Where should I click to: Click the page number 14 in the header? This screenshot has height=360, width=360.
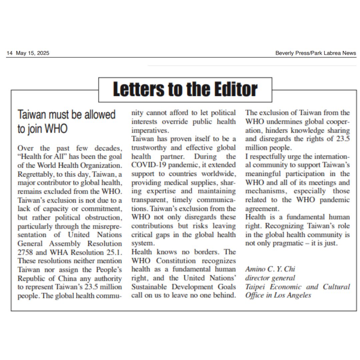coord(9,53)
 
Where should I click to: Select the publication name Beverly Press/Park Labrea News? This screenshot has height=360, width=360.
coord(315,53)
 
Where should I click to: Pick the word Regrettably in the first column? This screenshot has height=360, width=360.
coord(37,174)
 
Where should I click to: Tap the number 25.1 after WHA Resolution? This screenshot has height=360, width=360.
coord(115,252)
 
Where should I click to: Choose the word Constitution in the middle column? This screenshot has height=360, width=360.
coord(176,261)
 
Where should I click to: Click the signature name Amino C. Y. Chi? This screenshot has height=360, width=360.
coord(270,269)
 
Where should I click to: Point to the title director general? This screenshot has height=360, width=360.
coord(270,278)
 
